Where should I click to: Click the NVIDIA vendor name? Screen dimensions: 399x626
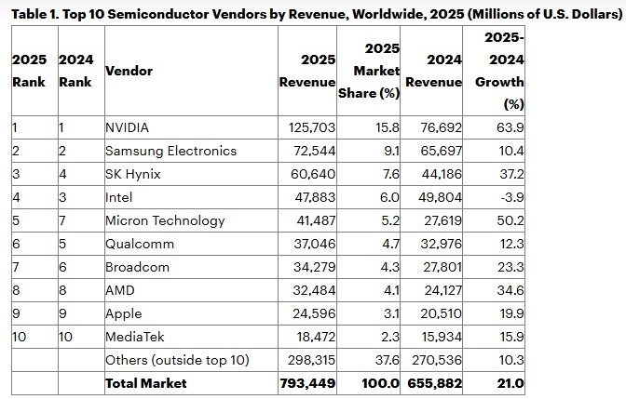tap(129, 127)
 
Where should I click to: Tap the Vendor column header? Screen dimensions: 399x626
tap(129, 71)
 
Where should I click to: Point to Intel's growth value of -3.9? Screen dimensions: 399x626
tap(510, 197)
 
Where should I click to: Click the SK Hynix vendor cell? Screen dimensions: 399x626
tap(133, 174)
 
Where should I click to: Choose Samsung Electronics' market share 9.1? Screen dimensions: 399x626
tap(388, 151)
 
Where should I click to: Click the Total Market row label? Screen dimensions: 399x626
tap(146, 383)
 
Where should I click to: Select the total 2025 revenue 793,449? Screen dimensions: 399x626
tap(308, 383)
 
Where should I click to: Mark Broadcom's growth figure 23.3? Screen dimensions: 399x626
tap(510, 267)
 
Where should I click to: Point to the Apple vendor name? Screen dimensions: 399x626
tap(125, 313)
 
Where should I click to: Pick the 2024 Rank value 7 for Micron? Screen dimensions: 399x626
tap(61, 220)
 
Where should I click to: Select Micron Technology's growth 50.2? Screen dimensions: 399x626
tap(510, 220)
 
